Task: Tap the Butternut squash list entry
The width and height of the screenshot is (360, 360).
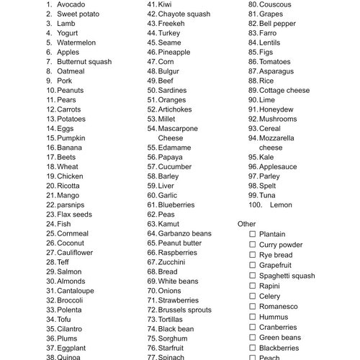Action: (x=84, y=62)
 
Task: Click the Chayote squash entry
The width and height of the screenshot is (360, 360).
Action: (x=184, y=14)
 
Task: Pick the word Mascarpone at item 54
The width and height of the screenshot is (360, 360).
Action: (x=178, y=128)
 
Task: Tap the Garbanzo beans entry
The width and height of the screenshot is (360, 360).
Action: (x=184, y=233)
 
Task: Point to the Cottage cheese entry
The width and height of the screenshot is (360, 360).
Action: (x=284, y=91)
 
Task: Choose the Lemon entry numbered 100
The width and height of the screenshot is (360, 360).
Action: (x=281, y=204)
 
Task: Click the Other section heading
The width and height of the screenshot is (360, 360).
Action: (x=247, y=224)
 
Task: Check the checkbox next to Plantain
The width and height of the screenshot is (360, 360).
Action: (x=252, y=234)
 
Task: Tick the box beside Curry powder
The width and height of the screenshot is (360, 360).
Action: (x=252, y=245)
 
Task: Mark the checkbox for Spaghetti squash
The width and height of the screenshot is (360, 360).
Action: (x=252, y=276)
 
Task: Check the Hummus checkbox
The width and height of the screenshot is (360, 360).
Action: (x=252, y=316)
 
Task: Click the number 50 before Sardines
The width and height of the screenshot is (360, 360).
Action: (x=152, y=91)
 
